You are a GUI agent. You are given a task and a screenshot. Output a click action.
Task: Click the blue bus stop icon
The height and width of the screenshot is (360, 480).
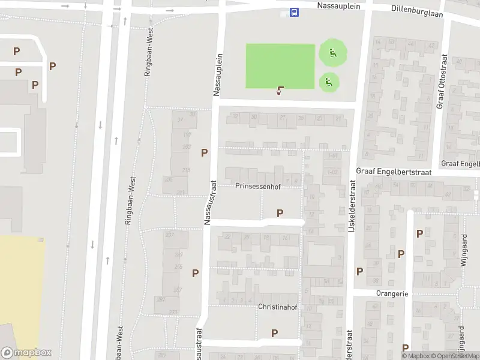point(294,12)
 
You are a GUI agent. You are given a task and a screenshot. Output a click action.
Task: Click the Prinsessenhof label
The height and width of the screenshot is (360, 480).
point(257,186)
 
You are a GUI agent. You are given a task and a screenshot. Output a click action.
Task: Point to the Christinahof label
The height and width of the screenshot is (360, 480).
point(277,307)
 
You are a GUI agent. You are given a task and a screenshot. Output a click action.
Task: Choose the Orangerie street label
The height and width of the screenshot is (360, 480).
point(392,294)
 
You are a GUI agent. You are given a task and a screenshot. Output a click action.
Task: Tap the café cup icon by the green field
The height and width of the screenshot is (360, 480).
point(280,91)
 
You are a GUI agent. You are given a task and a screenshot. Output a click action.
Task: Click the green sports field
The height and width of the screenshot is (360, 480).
point(280,66)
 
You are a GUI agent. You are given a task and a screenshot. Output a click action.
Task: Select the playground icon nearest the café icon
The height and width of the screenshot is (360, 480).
point(328,82)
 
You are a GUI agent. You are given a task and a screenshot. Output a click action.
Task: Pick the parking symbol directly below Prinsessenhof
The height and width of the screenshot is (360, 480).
point(280,213)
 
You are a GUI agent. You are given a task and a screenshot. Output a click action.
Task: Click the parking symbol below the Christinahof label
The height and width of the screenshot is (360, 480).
point(274,333)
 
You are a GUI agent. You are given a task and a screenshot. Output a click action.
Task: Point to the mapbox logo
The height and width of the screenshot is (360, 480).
point(26,353)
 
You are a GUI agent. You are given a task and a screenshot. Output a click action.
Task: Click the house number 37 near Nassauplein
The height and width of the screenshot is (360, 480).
point(180,120)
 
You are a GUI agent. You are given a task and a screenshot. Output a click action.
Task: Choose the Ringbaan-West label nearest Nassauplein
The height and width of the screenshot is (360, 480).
point(149,52)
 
